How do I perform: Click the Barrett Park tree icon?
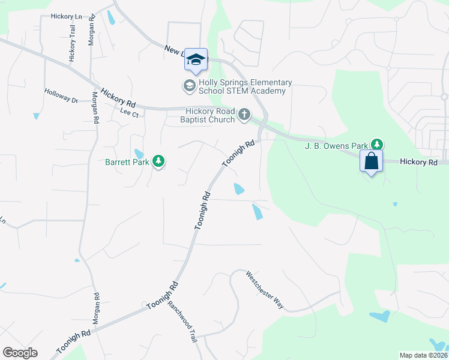[x=158, y=161]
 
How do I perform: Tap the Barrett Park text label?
[x=127, y=161]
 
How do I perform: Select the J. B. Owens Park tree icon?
[x=376, y=144]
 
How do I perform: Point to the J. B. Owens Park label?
[x=336, y=145]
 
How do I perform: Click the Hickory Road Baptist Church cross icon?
[x=244, y=114]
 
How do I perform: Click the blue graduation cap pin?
[x=196, y=59]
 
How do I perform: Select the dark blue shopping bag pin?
[x=371, y=161]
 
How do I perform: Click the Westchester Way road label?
[x=264, y=289]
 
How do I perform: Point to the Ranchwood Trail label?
[x=182, y=321]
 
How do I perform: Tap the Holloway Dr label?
[x=61, y=95]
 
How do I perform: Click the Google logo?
[x=20, y=353]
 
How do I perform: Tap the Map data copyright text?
[x=423, y=355]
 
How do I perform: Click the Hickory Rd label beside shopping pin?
[x=419, y=162]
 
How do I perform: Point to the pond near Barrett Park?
[x=139, y=155]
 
